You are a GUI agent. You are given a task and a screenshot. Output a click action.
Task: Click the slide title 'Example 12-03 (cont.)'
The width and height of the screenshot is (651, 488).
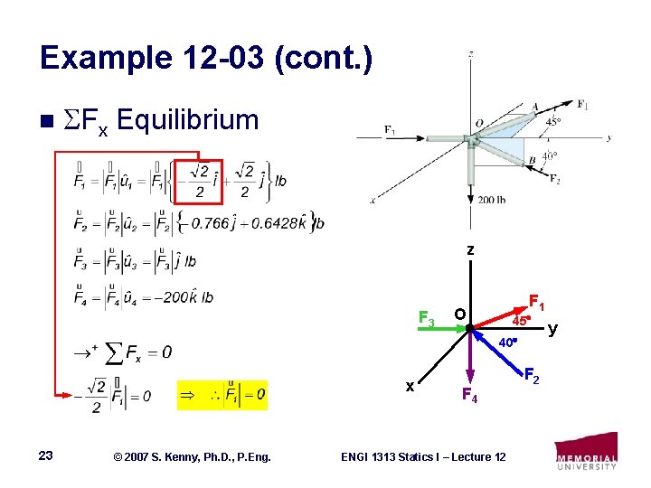click(x=206, y=59)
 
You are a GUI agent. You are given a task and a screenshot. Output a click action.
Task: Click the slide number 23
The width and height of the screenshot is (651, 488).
click(x=46, y=456)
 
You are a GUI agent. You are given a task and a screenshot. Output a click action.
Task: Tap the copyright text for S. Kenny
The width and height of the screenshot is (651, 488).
click(x=189, y=457)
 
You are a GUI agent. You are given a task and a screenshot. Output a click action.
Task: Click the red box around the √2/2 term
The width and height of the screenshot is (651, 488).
click(x=204, y=183)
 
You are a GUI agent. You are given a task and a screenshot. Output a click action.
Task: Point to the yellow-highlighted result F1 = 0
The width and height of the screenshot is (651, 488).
click(x=222, y=395)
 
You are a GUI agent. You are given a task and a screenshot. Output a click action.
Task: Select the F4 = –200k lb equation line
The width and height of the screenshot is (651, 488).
click(x=144, y=296)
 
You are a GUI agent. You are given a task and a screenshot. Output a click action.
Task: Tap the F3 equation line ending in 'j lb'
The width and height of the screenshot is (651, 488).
click(x=135, y=260)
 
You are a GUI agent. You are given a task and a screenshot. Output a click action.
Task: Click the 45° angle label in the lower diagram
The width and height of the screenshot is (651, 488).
click(x=520, y=321)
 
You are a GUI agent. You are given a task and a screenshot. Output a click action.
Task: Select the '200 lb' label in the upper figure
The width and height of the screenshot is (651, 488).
click(x=491, y=200)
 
